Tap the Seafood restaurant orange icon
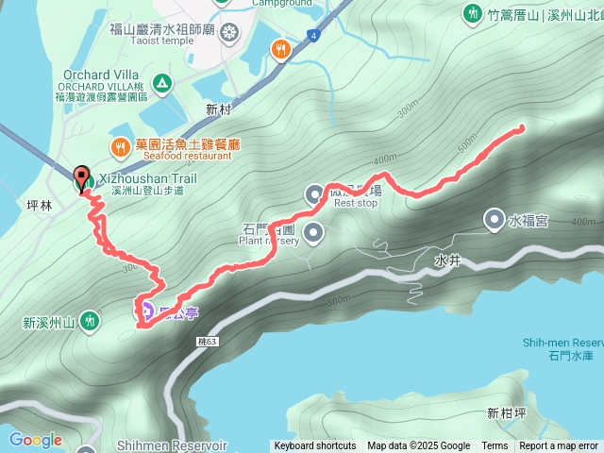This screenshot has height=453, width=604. pyautogui.click(x=120, y=146)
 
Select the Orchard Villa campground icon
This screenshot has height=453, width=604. pyautogui.click(x=161, y=84)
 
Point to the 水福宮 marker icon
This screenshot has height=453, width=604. pyautogui.click(x=495, y=221)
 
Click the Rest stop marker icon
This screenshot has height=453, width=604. pyautogui.click(x=314, y=195)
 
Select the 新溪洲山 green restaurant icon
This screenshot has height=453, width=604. pyautogui.click(x=88, y=322)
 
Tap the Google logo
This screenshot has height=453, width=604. pyautogui.click(x=35, y=440)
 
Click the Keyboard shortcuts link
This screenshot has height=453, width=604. pyautogui.click(x=315, y=446)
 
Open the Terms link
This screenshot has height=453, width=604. pyautogui.click(x=495, y=446)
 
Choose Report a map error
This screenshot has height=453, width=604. pyautogui.click(x=559, y=446)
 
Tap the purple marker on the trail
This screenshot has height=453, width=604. pyautogui.click(x=147, y=309)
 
